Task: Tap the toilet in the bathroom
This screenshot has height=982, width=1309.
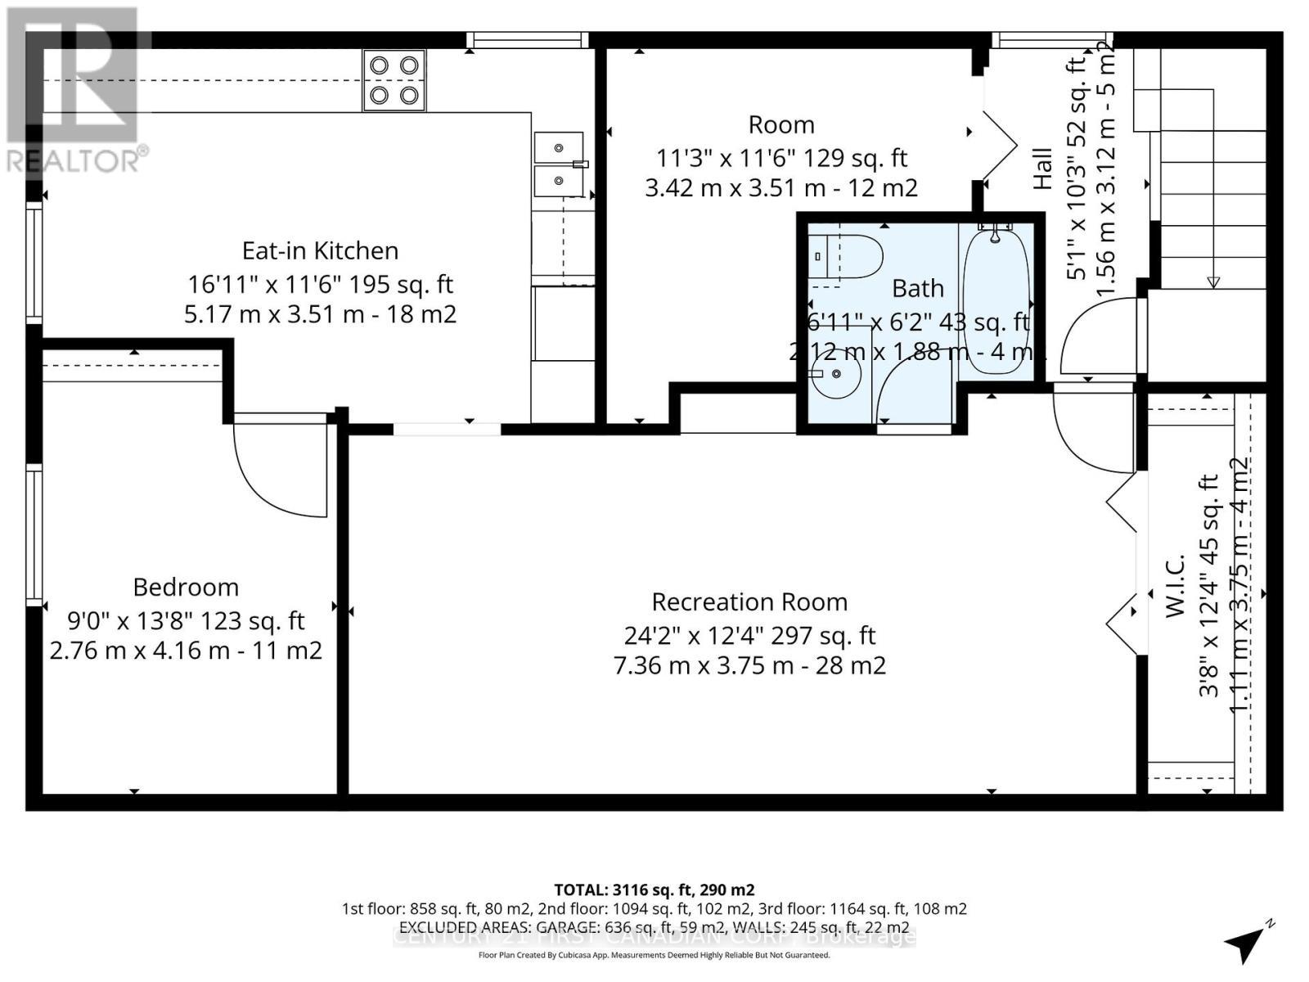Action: coord(847,256)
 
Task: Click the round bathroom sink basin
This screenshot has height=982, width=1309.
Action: coord(836,374)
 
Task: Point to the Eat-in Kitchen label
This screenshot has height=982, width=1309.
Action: coord(320,250)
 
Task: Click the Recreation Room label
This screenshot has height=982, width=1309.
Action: coord(749,601)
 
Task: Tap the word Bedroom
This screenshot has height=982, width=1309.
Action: coord(186,587)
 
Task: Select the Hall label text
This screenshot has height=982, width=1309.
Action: coord(1042,169)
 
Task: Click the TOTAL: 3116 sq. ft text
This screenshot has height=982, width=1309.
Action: coord(654,890)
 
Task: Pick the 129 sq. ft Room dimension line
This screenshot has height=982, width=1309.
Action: coord(781,157)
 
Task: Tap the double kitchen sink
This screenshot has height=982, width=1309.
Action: coord(559,163)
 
